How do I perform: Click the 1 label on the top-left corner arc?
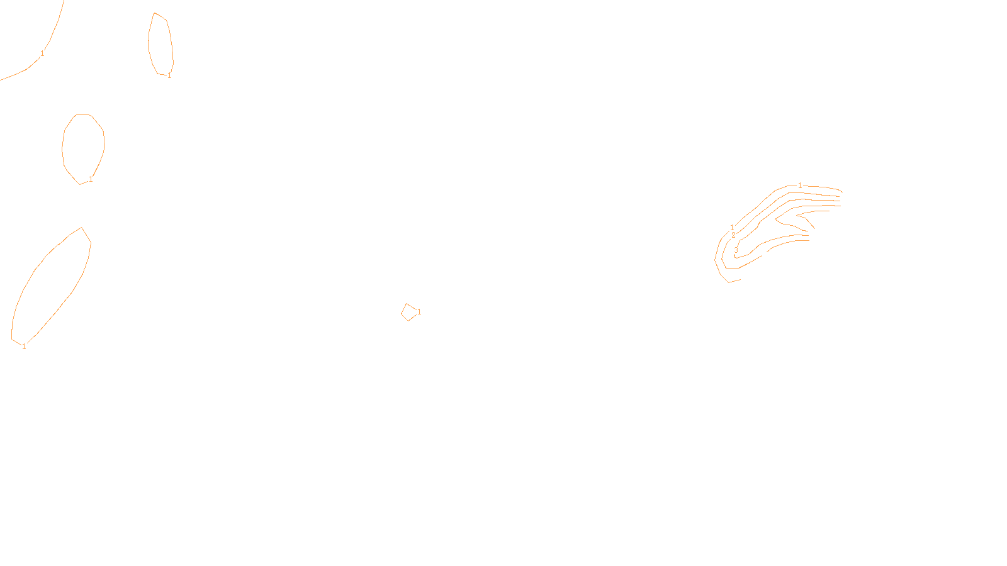pyautogui.click(x=42, y=53)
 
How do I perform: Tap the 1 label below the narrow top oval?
pyautogui.click(x=169, y=75)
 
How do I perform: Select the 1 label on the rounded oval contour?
pyautogui.click(x=91, y=179)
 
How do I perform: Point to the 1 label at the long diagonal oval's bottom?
pyautogui.click(x=24, y=347)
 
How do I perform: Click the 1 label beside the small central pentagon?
pyautogui.click(x=419, y=312)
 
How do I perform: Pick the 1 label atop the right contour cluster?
pyautogui.click(x=800, y=186)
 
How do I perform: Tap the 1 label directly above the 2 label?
pyautogui.click(x=732, y=227)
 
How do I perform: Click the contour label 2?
pyautogui.click(x=733, y=235)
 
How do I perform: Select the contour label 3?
pyautogui.click(x=736, y=250)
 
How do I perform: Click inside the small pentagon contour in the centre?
pyautogui.click(x=409, y=312)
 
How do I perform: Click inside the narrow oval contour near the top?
pyautogui.click(x=160, y=44)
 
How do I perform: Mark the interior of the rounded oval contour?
pyautogui.click(x=83, y=148)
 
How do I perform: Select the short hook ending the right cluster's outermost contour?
pyautogui.click(x=733, y=281)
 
